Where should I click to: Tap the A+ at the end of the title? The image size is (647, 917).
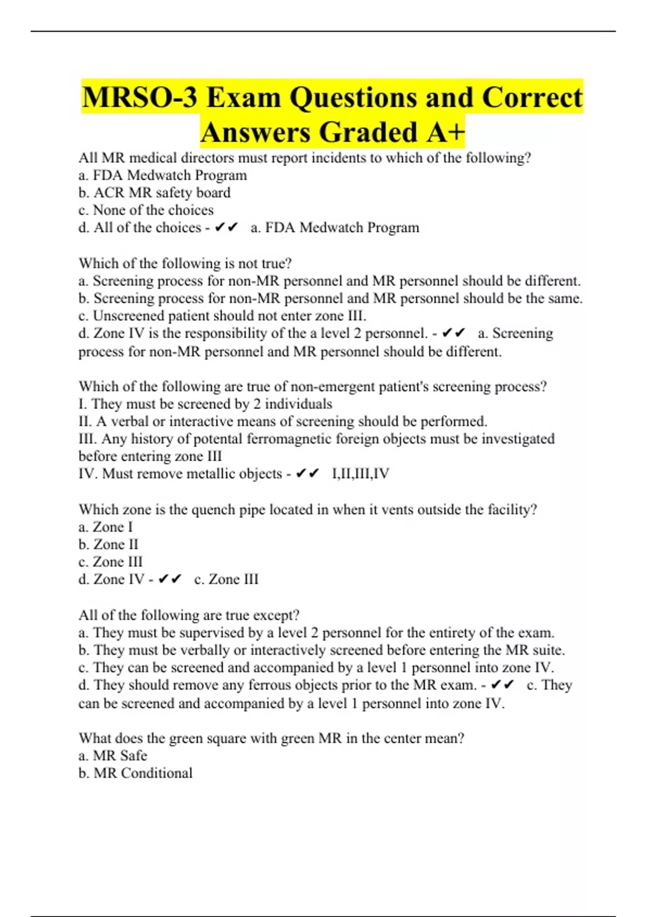(x=445, y=133)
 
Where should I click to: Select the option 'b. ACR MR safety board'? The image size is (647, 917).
(x=154, y=193)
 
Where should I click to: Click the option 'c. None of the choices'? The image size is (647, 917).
(x=146, y=210)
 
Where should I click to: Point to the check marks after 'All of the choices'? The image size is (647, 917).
(x=226, y=228)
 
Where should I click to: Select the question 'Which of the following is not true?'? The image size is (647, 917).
(x=185, y=263)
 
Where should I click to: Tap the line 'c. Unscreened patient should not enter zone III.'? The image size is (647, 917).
(x=222, y=316)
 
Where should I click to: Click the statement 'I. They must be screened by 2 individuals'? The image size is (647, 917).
(x=205, y=404)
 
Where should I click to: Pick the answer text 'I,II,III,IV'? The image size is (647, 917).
(x=360, y=474)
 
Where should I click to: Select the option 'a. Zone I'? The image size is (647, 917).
(x=105, y=527)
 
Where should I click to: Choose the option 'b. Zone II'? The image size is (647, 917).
(x=108, y=544)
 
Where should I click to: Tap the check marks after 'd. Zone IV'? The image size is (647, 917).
(x=170, y=579)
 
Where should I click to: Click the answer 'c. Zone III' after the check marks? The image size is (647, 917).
(x=226, y=579)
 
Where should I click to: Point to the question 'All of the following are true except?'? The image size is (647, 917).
(x=189, y=615)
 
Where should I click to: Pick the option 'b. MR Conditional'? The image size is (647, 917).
(x=135, y=773)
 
